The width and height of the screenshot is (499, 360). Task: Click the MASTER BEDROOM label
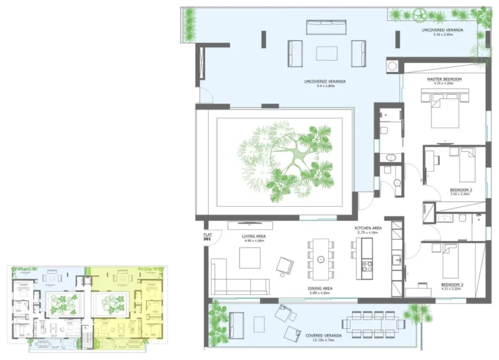[x=444, y=79]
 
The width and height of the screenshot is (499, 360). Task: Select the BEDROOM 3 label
[x=452, y=285]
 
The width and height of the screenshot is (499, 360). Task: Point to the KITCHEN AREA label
[x=368, y=229]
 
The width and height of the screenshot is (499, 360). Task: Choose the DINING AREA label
[x=320, y=288]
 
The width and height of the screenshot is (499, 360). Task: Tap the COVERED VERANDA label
[x=320, y=335]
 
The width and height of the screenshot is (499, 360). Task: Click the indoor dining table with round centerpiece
[x=320, y=259]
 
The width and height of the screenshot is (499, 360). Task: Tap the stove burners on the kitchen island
[x=366, y=265]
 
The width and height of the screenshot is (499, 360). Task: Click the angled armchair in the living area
[x=285, y=265]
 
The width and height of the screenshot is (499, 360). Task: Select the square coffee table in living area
[x=249, y=258]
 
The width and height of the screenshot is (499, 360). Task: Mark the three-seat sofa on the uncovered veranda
[x=326, y=27]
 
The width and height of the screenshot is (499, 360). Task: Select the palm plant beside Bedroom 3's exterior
[x=416, y=315]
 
